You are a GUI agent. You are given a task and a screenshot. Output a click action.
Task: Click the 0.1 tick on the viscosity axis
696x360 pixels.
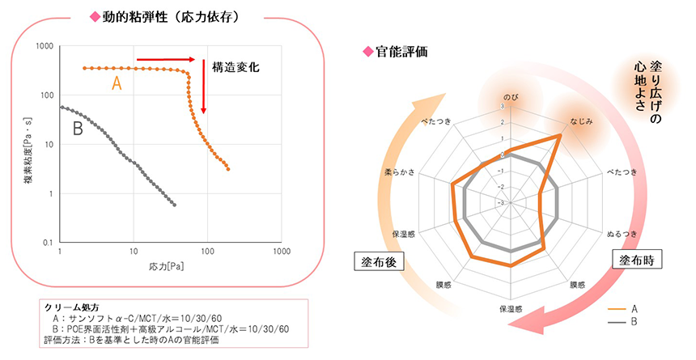tap(48, 242)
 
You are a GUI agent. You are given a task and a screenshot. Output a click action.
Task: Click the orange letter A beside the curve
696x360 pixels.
tap(117, 83)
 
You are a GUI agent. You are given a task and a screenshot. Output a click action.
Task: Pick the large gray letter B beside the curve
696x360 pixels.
tap(79, 128)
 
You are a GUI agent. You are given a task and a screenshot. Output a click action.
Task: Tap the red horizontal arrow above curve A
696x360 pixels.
tap(166, 59)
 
